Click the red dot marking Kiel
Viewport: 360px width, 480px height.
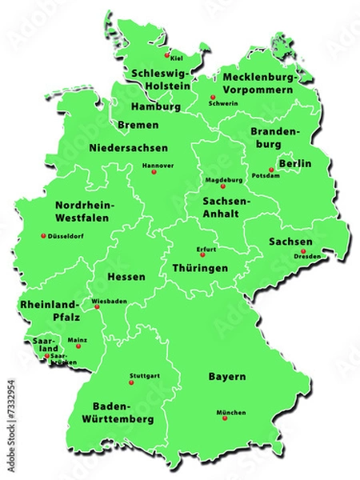167,56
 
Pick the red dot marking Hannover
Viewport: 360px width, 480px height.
154,172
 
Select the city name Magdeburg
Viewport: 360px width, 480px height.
224,180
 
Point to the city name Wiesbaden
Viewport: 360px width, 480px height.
110,302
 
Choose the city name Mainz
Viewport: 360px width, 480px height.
78,340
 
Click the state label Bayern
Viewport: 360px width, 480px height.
226,376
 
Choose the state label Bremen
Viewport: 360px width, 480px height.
138,125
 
